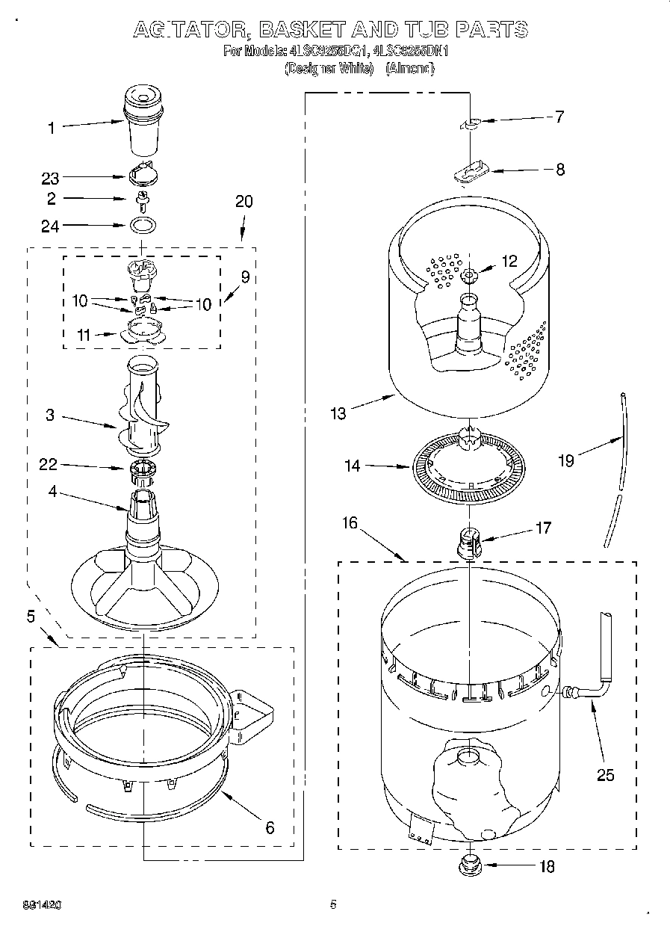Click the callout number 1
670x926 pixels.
pos(52,128)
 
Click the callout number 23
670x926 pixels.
pos(50,178)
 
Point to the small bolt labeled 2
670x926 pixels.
pos(141,200)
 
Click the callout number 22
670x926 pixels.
pos(49,465)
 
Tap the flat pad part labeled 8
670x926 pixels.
pos(468,173)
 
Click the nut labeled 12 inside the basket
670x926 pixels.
pos(468,276)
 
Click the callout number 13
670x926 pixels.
pos(338,413)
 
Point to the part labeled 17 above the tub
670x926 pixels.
pos(469,540)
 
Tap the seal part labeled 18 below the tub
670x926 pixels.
pos(469,866)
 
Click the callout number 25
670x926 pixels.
pos(605,775)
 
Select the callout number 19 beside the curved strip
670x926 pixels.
pos(566,460)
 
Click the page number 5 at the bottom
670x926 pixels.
pos(333,904)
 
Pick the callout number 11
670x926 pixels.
pos(84,336)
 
